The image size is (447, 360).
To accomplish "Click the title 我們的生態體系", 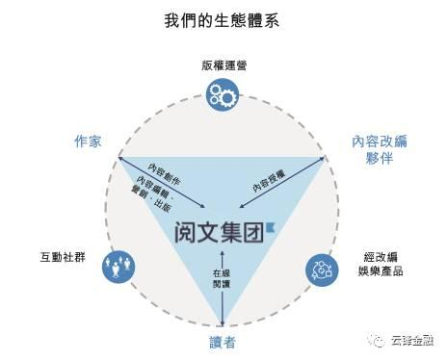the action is tap(223, 20).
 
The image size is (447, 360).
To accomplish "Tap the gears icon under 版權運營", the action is tap(223, 94).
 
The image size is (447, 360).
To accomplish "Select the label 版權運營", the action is tap(223, 66).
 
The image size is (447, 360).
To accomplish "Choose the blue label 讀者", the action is tap(223, 342).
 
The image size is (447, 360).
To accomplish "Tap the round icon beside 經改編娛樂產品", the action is tap(321, 269).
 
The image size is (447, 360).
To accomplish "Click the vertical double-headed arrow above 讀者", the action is tap(223, 289).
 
